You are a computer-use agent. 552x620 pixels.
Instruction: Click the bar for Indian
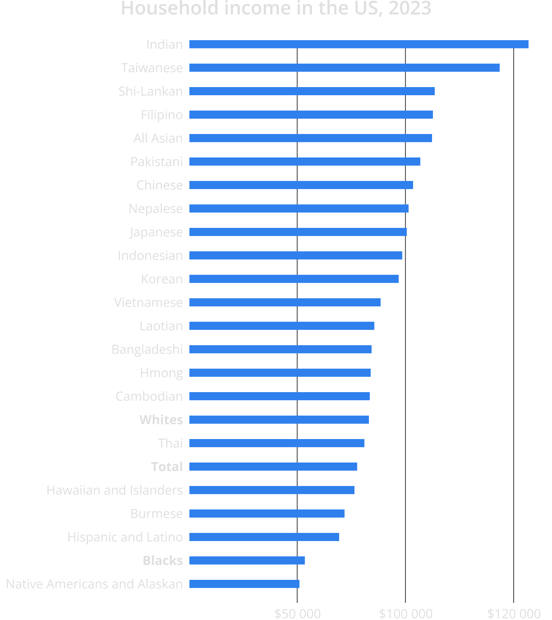click(x=359, y=44)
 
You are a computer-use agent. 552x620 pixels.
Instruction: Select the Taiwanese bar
click(x=344, y=68)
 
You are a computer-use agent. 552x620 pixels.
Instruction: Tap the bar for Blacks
click(x=247, y=560)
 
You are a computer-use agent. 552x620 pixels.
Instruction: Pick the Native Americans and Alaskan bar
click(x=244, y=584)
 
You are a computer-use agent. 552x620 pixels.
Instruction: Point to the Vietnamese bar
click(x=285, y=303)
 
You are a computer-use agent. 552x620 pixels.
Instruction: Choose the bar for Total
click(x=273, y=467)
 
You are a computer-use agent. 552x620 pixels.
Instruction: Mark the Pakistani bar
click(x=304, y=162)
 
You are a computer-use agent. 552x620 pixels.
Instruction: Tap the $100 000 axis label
click(x=405, y=614)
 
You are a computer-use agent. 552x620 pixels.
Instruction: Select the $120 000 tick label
click(x=514, y=614)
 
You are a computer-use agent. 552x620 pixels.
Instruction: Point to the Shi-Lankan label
click(x=150, y=91)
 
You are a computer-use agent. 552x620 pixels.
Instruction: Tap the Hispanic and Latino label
click(x=125, y=537)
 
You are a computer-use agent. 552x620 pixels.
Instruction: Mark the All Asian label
click(x=158, y=138)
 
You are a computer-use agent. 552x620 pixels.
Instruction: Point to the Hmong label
click(x=161, y=373)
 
